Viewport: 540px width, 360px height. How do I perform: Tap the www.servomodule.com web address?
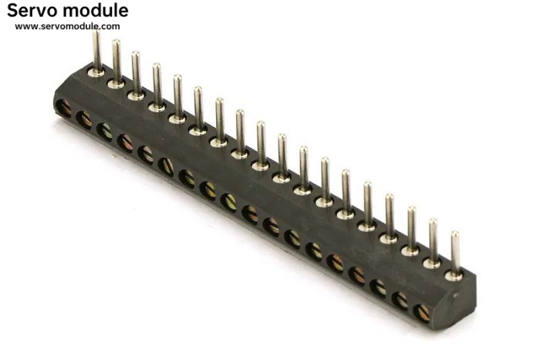(68, 26)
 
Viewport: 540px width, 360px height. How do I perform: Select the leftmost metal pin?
(96, 52)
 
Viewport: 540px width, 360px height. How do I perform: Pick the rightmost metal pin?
(455, 253)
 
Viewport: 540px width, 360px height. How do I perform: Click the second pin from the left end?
(116, 61)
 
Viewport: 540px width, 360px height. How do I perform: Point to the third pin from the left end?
(137, 73)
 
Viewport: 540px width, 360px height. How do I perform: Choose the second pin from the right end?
(434, 241)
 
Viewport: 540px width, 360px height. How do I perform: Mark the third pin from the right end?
(411, 228)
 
